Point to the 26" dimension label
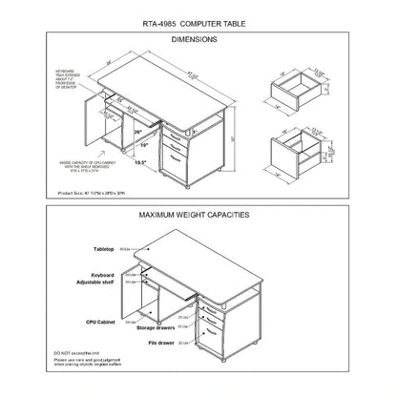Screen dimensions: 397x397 [x=138, y=131]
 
